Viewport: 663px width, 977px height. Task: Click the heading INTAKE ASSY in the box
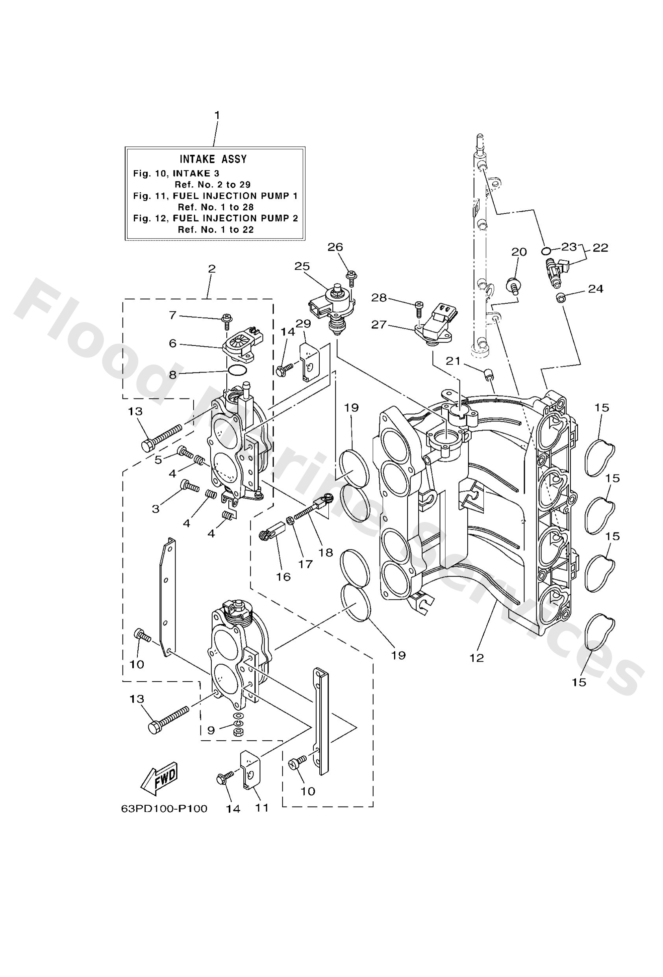(x=213, y=159)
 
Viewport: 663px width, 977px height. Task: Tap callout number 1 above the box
(x=217, y=115)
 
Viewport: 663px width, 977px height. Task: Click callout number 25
(x=302, y=266)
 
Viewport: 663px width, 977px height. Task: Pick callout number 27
(x=378, y=324)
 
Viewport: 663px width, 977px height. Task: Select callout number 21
(x=453, y=361)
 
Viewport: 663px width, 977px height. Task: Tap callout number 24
(x=595, y=289)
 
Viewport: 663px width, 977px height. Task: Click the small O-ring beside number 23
(x=546, y=251)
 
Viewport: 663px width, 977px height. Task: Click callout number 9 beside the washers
(x=211, y=730)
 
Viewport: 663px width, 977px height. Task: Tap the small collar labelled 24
(x=559, y=298)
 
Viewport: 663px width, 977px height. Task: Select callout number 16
(x=283, y=577)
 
